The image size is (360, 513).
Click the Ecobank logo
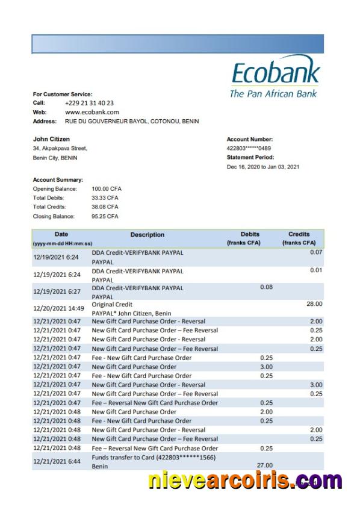click(x=275, y=76)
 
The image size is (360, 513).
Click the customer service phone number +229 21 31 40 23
click(x=89, y=103)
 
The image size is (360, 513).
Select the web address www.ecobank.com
click(x=92, y=112)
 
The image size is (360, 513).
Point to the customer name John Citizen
click(x=51, y=139)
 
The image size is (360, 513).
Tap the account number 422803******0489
click(x=249, y=148)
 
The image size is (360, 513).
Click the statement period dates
click(x=262, y=167)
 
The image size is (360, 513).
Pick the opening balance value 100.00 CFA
click(x=107, y=188)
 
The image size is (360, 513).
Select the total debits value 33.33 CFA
click(x=105, y=197)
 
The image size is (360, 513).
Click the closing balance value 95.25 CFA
click(x=105, y=216)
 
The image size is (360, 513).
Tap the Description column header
click(x=147, y=235)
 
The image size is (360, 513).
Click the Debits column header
click(x=250, y=234)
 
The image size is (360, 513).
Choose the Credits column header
click(x=299, y=234)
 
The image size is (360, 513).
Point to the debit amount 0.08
click(x=266, y=287)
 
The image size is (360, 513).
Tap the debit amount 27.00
click(x=265, y=465)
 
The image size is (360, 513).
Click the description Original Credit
click(x=112, y=305)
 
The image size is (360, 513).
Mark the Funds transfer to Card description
click(x=154, y=458)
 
